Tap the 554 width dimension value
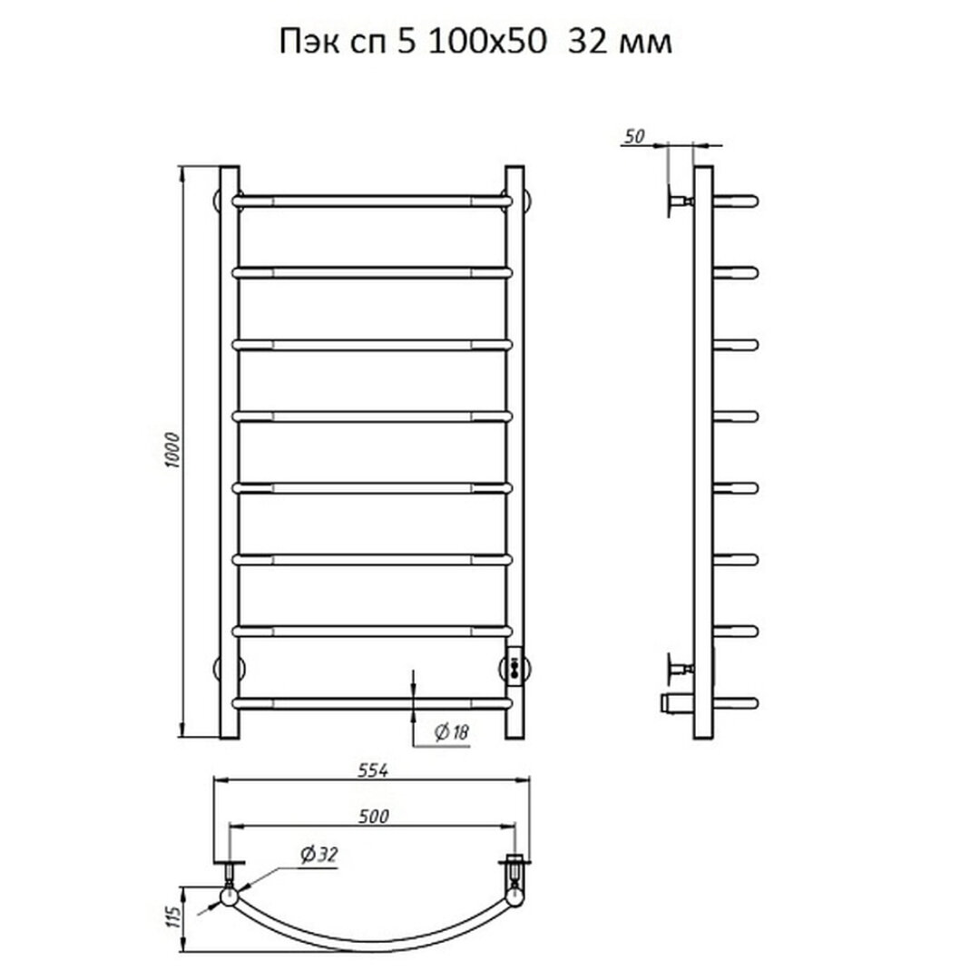tap(373, 770)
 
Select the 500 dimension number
tap(374, 817)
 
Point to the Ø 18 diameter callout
tap(452, 732)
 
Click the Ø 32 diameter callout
tap(318, 854)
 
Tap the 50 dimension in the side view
tap(633, 136)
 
